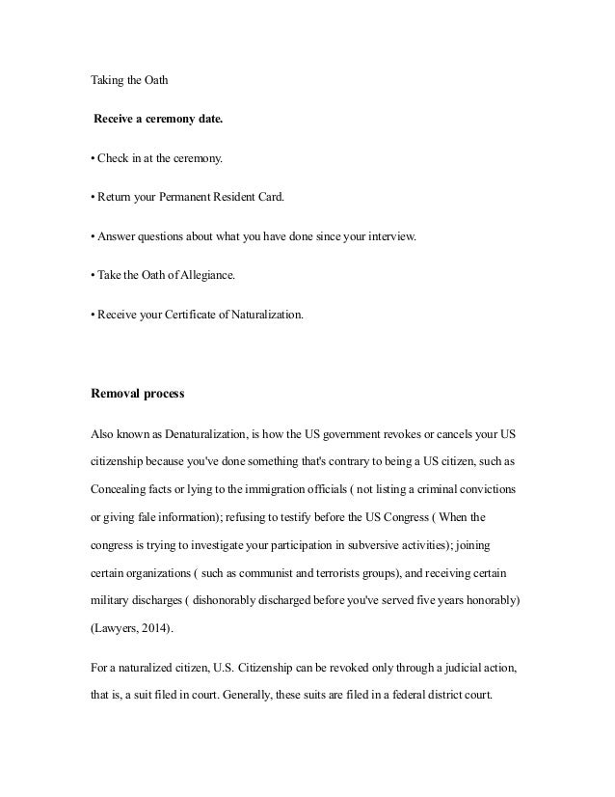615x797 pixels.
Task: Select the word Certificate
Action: [x=190, y=314]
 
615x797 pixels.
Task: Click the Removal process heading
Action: [x=137, y=393]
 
